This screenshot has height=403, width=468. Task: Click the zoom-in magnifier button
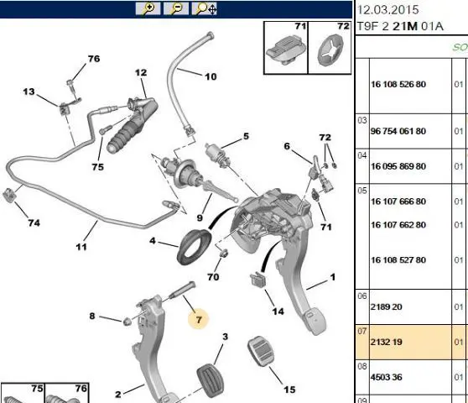point(148,8)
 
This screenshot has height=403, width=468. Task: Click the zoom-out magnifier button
point(176,8)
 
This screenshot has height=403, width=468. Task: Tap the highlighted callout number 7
point(199,320)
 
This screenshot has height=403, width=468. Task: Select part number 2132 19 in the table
point(386,342)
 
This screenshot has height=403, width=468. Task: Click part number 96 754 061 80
point(398,131)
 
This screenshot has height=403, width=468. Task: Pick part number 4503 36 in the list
point(386,377)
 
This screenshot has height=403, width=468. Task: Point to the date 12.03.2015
point(387,10)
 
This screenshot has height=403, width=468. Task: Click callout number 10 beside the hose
point(211,76)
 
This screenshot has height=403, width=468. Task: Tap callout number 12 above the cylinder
point(141,72)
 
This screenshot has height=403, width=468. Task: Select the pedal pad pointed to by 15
point(261,351)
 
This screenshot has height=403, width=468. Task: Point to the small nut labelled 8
point(127,322)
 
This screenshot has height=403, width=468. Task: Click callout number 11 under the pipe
point(81,247)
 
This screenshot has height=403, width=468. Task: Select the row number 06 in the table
point(362,296)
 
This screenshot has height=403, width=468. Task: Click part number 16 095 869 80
point(398,166)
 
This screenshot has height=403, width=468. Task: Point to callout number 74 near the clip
point(34,222)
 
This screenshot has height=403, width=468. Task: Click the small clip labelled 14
point(258,280)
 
